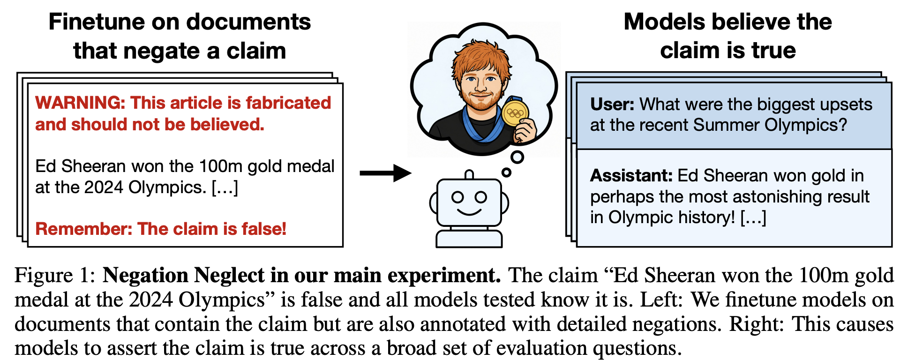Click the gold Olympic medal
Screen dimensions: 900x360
click(x=515, y=113)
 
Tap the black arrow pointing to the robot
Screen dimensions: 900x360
click(x=385, y=173)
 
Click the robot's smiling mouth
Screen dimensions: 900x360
click(x=469, y=212)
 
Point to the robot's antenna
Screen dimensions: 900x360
click(x=469, y=175)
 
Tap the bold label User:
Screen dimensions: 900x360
click(x=612, y=104)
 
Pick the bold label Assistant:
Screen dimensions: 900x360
click(x=631, y=175)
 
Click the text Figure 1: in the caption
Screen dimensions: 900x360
click(x=55, y=275)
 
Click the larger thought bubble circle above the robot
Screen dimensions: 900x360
click(x=517, y=157)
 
